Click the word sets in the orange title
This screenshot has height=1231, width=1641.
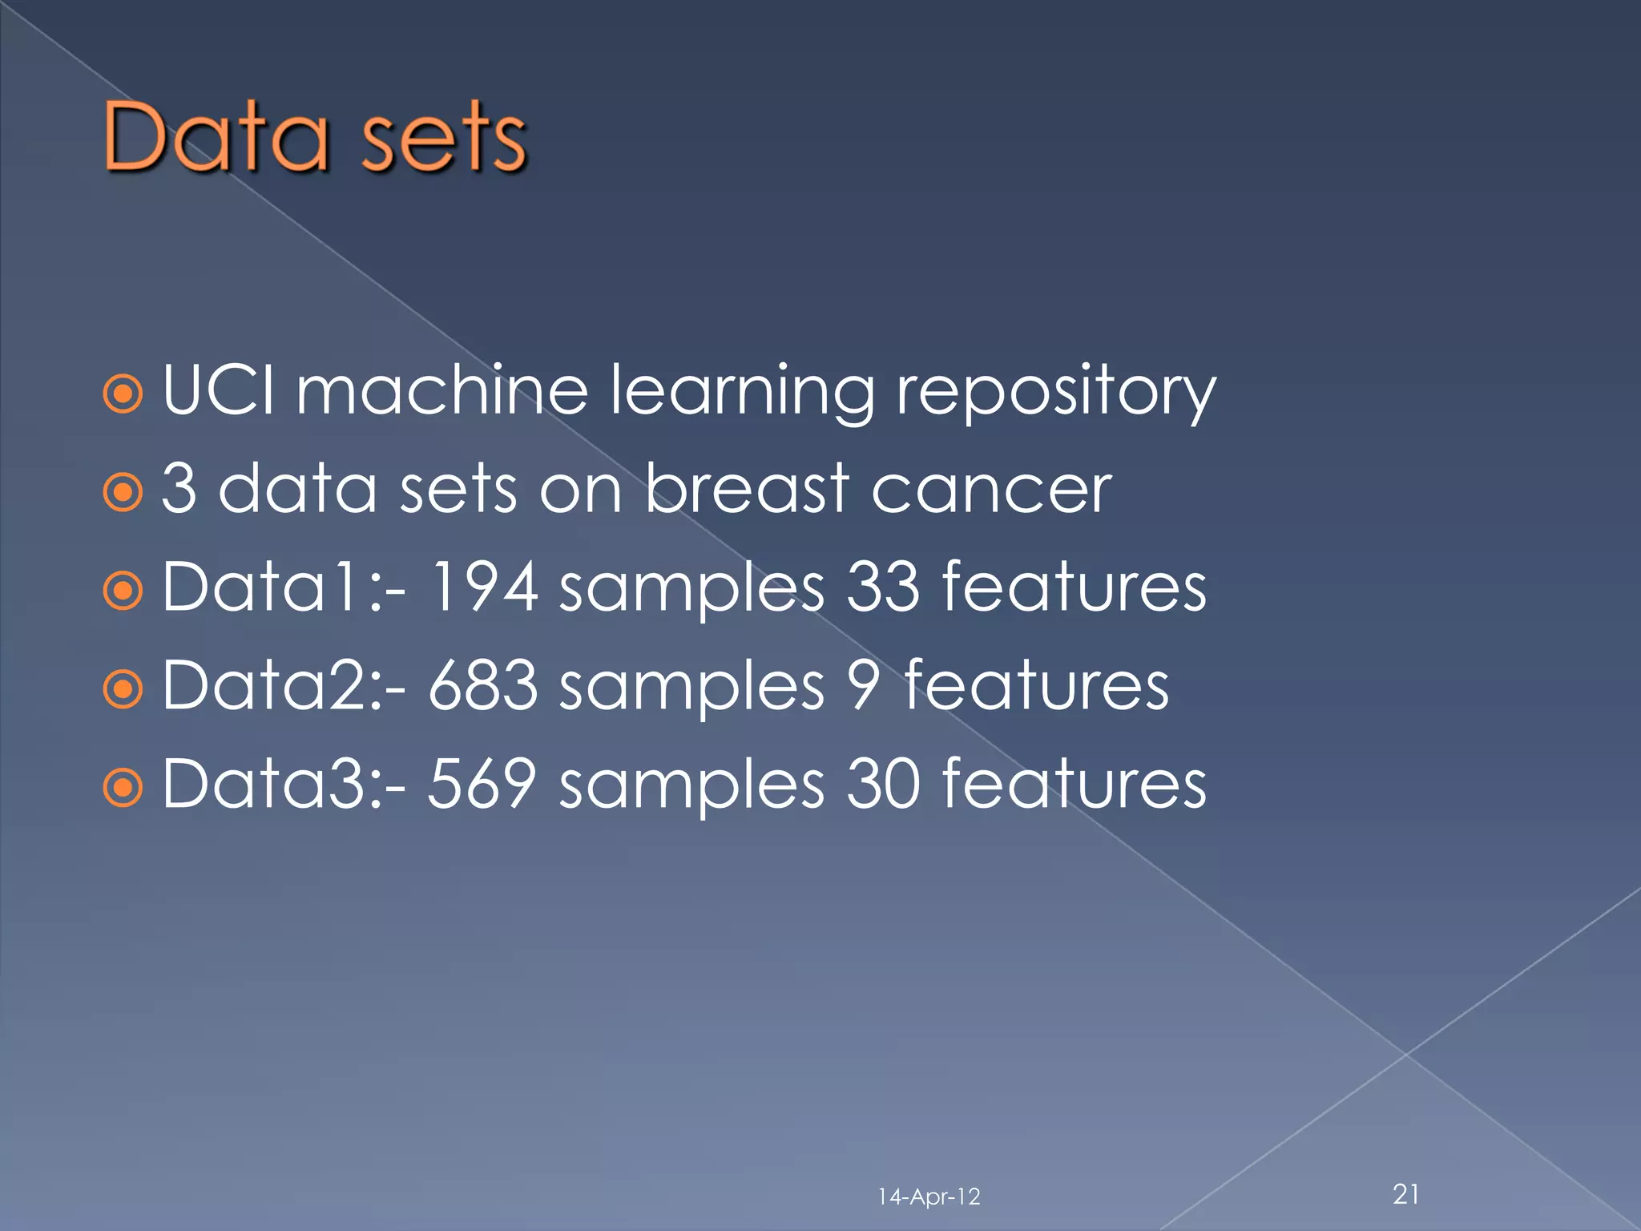(x=443, y=138)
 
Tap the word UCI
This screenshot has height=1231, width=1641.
(x=218, y=390)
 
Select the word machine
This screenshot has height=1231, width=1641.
(x=442, y=390)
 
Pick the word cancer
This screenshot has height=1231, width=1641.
(x=991, y=490)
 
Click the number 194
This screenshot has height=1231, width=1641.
(x=483, y=587)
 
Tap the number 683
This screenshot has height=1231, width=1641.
(x=483, y=685)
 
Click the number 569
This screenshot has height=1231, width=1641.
(x=482, y=784)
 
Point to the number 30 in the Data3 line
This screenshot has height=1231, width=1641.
(x=883, y=784)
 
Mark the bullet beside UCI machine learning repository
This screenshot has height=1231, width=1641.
(x=123, y=394)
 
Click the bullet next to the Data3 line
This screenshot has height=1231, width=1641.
(x=123, y=787)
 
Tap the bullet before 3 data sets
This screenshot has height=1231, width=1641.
(x=123, y=493)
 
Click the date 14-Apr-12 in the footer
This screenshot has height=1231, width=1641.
(x=929, y=1197)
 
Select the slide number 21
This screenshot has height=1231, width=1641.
(x=1406, y=1194)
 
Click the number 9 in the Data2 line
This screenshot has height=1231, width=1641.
(x=863, y=685)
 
